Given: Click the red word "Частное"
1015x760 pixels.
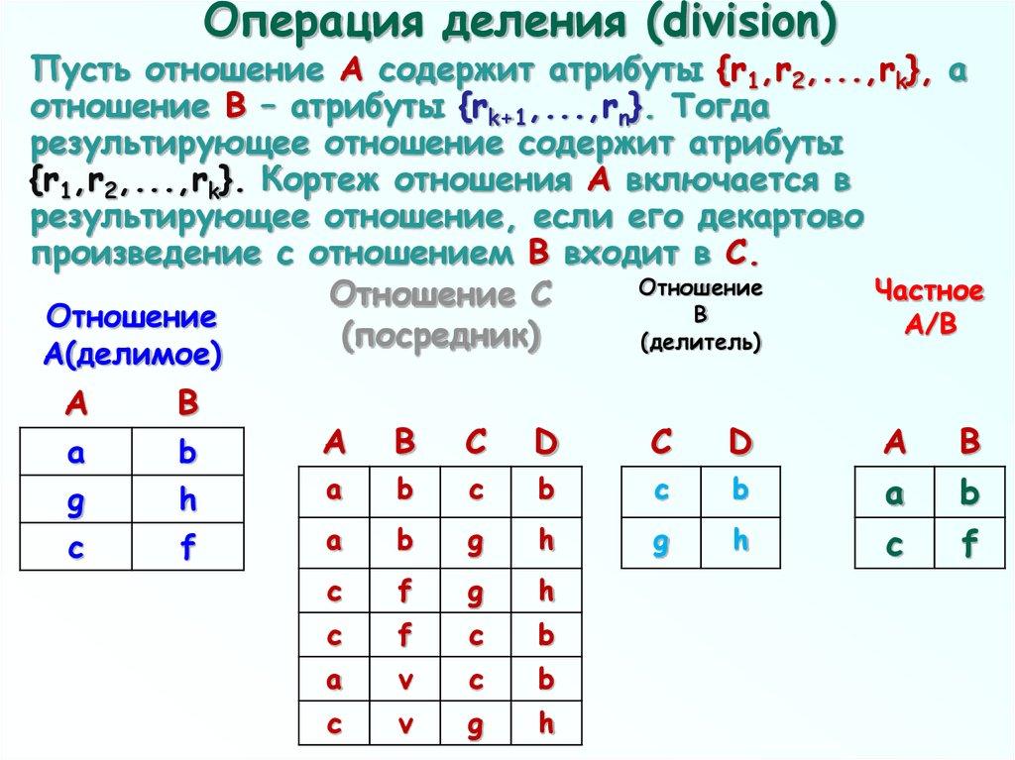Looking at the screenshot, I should [x=930, y=294].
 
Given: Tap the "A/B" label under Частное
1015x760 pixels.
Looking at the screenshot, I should [x=930, y=325].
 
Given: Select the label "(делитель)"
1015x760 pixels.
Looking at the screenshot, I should [x=701, y=343].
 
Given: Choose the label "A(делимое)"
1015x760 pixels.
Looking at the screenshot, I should [x=132, y=354].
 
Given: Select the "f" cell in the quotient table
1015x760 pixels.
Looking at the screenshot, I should [x=968, y=542].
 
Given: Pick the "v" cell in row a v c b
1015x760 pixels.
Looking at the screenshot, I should [x=404, y=681].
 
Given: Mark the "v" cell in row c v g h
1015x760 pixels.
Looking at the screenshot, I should [x=404, y=724].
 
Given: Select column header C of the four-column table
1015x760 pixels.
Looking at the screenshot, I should [x=476, y=443].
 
